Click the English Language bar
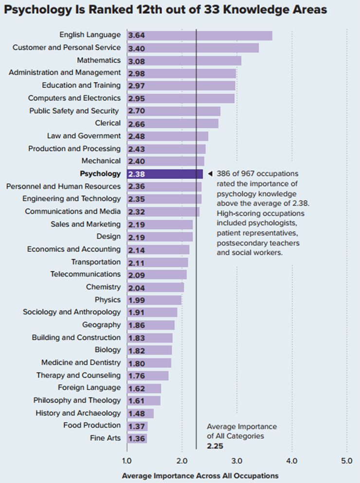[199, 36]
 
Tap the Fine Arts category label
[105, 438]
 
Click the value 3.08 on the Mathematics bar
[137, 61]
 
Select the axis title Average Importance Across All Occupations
[200, 475]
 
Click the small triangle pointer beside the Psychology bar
[210, 174]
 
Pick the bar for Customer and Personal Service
[193, 48]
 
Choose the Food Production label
[92, 426]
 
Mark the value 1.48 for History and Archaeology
[137, 413]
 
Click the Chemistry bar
[155, 287]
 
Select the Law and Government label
[84, 136]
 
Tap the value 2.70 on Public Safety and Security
[137, 111]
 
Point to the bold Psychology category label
[100, 174]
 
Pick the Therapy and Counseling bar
[148, 375]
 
